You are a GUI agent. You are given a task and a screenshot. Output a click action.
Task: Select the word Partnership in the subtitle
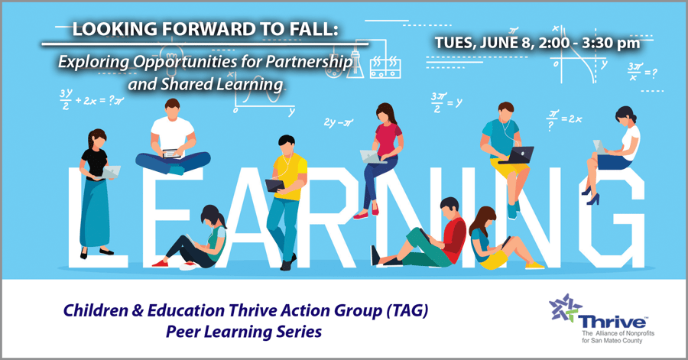[310, 62]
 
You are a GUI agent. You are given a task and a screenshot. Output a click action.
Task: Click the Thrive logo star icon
[565, 308]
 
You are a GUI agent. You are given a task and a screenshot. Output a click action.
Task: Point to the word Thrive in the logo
[612, 322]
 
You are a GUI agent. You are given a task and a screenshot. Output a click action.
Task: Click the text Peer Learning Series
[244, 332]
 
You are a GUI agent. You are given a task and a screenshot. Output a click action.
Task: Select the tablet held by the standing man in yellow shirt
[275, 186]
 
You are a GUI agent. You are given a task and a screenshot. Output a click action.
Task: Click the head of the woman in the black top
[97, 138]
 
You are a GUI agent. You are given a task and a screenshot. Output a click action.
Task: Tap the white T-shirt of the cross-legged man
[173, 134]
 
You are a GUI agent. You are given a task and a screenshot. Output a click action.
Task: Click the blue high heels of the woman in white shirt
[590, 196]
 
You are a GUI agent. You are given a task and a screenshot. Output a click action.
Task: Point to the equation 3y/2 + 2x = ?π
[92, 99]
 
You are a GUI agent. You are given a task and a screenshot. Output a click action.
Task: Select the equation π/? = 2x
[564, 119]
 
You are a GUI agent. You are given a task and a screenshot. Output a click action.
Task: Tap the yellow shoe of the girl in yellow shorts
[534, 265]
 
